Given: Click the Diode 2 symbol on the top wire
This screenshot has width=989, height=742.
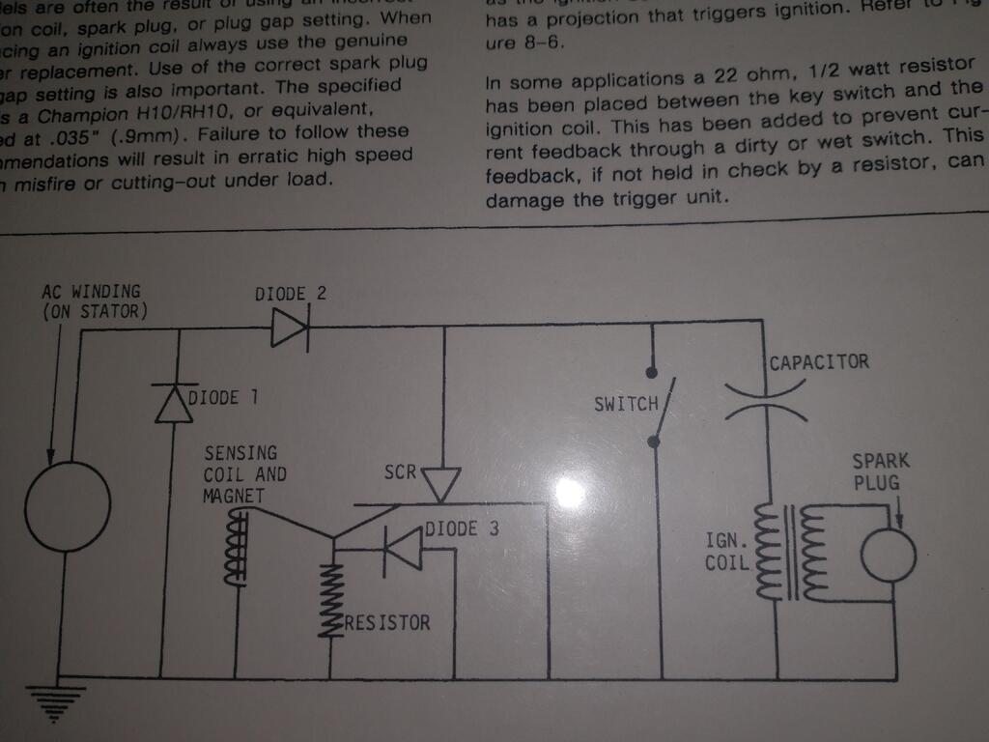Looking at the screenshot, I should click(x=289, y=329).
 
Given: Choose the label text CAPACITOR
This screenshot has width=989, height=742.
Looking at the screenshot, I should click(x=819, y=362).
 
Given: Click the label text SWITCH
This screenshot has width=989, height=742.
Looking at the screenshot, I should click(x=626, y=404).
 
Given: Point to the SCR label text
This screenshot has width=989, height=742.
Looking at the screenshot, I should click(x=399, y=473).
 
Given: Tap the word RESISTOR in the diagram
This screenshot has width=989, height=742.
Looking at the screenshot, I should click(x=387, y=622).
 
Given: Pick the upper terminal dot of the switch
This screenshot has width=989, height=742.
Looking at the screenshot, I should click(x=652, y=371).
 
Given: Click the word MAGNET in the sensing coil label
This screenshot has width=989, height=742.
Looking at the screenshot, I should click(x=233, y=496).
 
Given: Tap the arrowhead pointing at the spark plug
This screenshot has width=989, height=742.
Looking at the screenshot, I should click(x=898, y=521).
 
